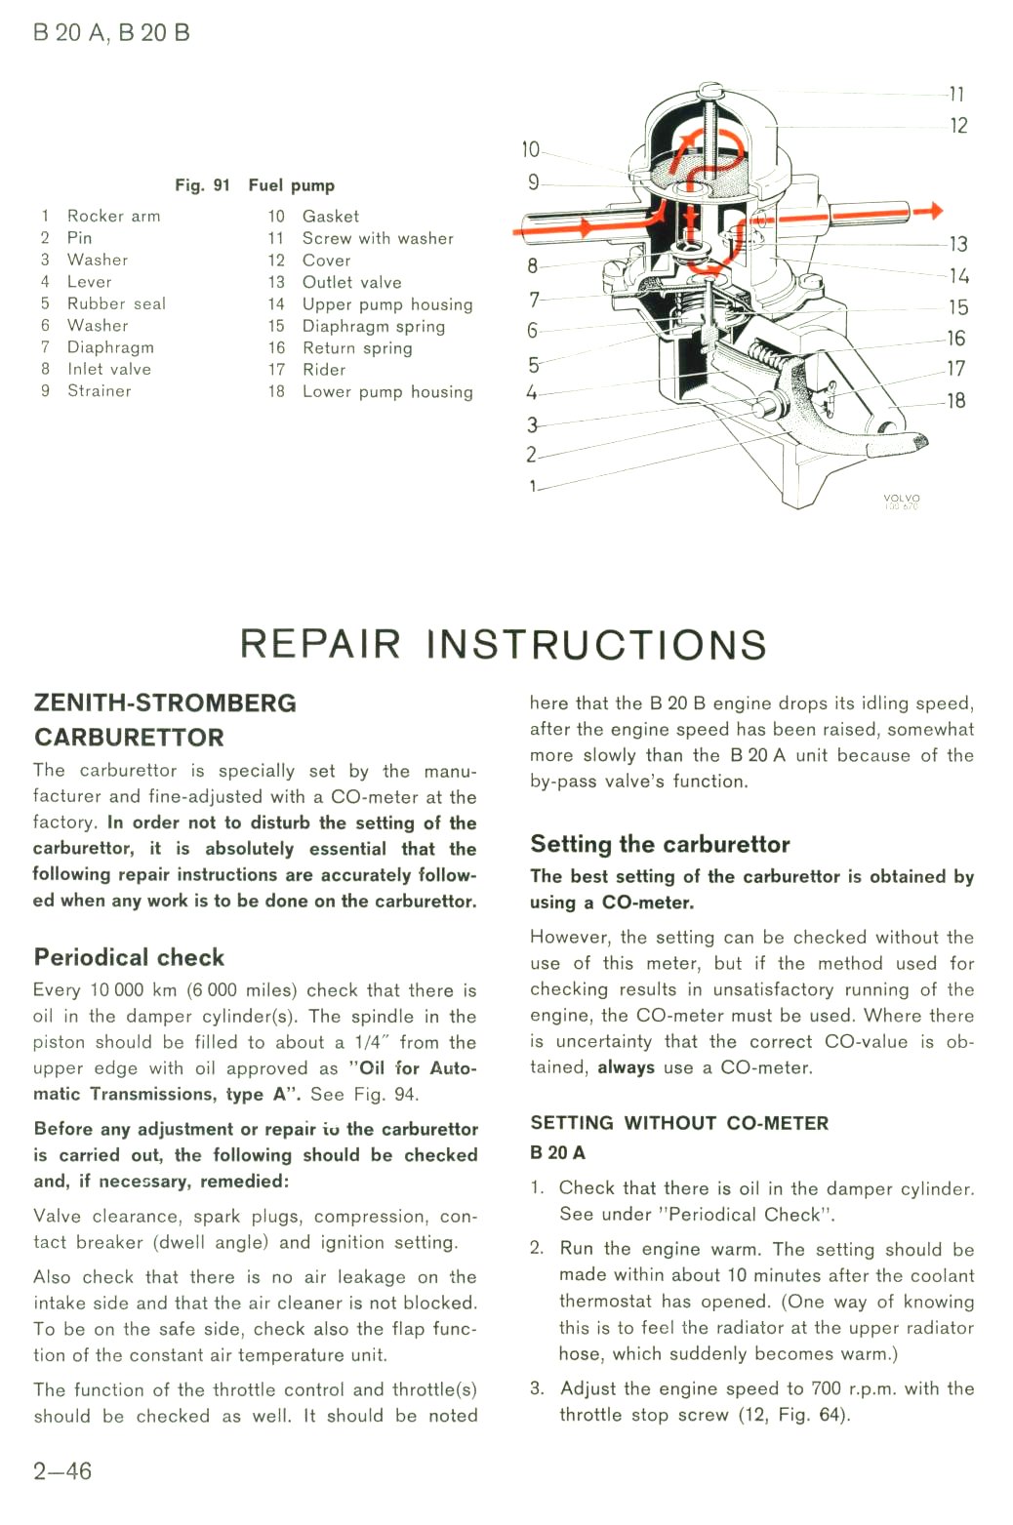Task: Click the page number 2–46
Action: coord(62,1471)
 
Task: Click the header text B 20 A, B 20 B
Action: coord(111,33)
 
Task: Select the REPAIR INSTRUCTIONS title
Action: coord(504,644)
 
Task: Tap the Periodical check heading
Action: coord(130,957)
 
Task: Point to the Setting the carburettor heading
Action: coord(661,844)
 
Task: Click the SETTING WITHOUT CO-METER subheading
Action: coord(679,1123)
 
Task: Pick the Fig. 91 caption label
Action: coord(202,185)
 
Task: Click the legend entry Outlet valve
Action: coord(352,282)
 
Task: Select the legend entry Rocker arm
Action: coord(113,216)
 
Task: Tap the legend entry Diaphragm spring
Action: coord(374,326)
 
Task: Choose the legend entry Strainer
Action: coord(100,391)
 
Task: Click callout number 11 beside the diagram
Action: coord(957,94)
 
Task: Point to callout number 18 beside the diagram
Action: coord(956,400)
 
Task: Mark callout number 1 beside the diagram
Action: coord(533,486)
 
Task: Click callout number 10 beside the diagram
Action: coord(531,149)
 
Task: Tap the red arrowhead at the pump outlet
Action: coord(936,211)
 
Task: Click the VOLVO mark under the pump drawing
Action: coord(902,499)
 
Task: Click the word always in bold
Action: coord(627,1066)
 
